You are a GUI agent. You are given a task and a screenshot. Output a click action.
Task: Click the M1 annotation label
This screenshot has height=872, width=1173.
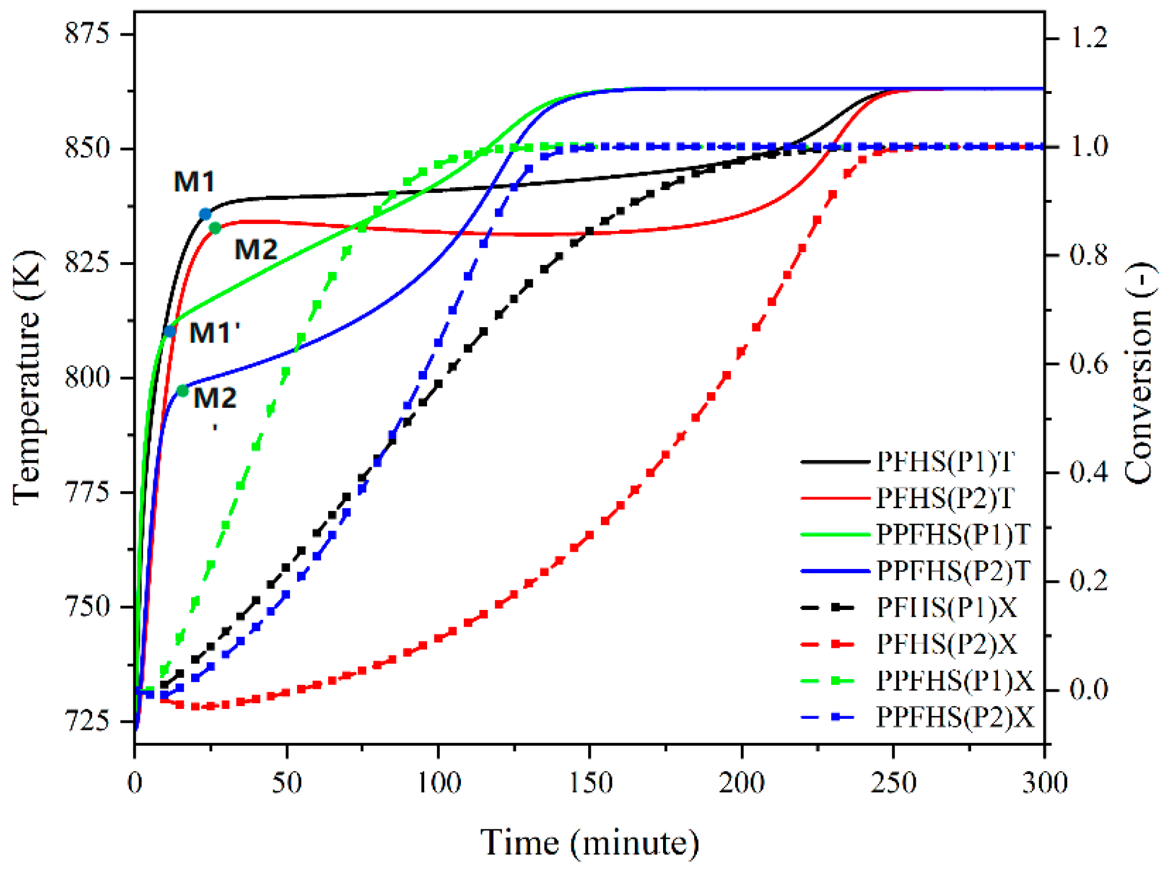[194, 182]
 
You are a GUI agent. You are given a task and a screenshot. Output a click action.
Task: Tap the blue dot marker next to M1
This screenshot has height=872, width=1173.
[205, 214]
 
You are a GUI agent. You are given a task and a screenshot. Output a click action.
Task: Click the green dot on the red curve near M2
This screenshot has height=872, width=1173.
[215, 228]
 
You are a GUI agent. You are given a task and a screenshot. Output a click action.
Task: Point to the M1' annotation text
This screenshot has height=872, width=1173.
[214, 333]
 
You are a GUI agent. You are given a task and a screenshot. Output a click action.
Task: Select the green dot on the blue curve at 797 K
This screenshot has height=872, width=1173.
[183, 391]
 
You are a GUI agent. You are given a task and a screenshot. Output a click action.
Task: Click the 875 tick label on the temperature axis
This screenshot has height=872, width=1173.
[87, 33]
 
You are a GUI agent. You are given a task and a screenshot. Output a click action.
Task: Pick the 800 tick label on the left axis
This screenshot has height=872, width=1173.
[87, 378]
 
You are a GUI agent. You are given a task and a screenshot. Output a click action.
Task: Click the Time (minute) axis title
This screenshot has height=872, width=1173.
[590, 843]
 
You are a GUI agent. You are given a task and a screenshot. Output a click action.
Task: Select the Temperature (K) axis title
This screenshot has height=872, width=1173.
[28, 378]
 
